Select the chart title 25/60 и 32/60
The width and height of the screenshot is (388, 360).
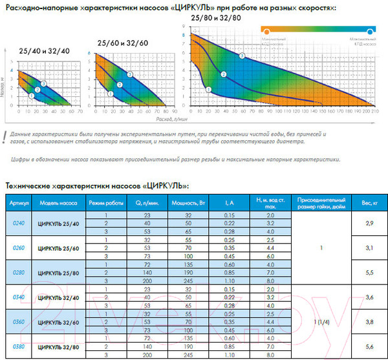click(x=122, y=43)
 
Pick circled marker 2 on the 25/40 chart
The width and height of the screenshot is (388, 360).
click(x=38, y=89)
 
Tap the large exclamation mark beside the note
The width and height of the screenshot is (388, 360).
click(x=5, y=134)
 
